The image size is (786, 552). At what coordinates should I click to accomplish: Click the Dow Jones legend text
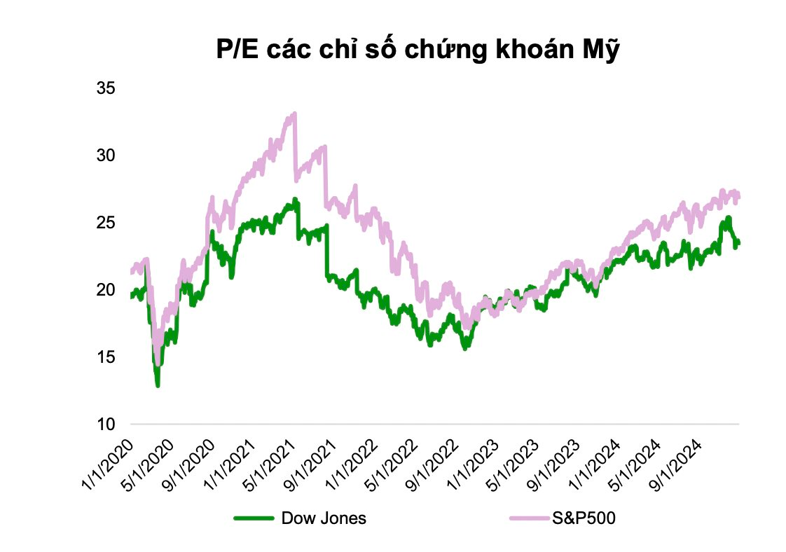click(323, 518)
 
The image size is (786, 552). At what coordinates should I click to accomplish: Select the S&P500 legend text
click(584, 518)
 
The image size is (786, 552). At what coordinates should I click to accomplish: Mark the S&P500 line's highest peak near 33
click(295, 114)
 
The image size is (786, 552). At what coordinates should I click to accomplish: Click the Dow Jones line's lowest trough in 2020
click(158, 385)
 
